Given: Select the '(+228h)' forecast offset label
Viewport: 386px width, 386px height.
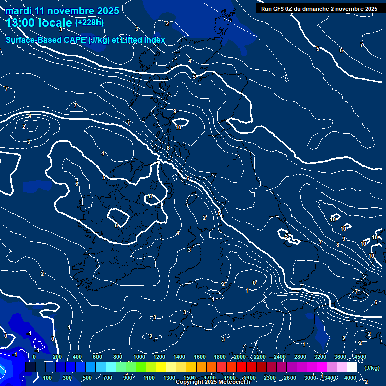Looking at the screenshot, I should click(x=89, y=23).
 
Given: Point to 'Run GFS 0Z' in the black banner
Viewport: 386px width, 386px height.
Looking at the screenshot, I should click(x=278, y=9).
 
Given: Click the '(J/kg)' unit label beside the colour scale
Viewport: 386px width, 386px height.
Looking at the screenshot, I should click(x=372, y=368).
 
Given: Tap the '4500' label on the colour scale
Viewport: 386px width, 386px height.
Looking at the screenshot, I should click(x=360, y=357).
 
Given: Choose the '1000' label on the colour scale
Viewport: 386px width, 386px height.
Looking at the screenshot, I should click(x=139, y=357).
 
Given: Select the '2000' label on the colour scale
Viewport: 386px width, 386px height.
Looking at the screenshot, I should click(x=240, y=357).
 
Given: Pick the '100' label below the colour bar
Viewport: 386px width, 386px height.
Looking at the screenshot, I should click(x=47, y=378).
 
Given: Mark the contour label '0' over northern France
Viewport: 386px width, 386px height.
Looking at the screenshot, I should click(x=254, y=283).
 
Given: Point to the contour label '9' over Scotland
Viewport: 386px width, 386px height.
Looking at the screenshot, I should click(x=175, y=111).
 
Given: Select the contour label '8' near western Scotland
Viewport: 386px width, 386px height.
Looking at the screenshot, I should click(x=168, y=147).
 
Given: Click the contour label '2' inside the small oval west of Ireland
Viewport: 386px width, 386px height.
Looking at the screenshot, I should click(x=24, y=127).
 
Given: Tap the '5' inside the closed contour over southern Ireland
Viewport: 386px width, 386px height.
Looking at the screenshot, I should click(x=116, y=225).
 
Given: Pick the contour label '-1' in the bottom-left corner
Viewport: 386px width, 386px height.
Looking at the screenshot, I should click(x=29, y=333).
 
